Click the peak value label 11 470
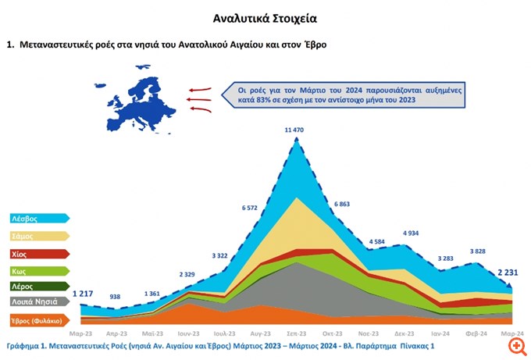click(x=295, y=128)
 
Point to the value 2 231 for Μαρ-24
click(x=501, y=273)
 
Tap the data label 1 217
click(x=82, y=294)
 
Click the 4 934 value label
click(x=415, y=233)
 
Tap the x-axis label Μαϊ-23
click(x=153, y=332)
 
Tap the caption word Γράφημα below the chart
click(x=25, y=344)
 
